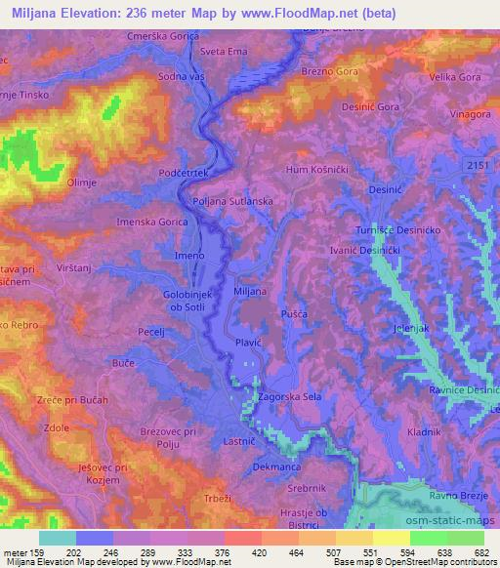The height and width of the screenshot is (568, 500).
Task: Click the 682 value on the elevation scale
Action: [481, 551]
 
